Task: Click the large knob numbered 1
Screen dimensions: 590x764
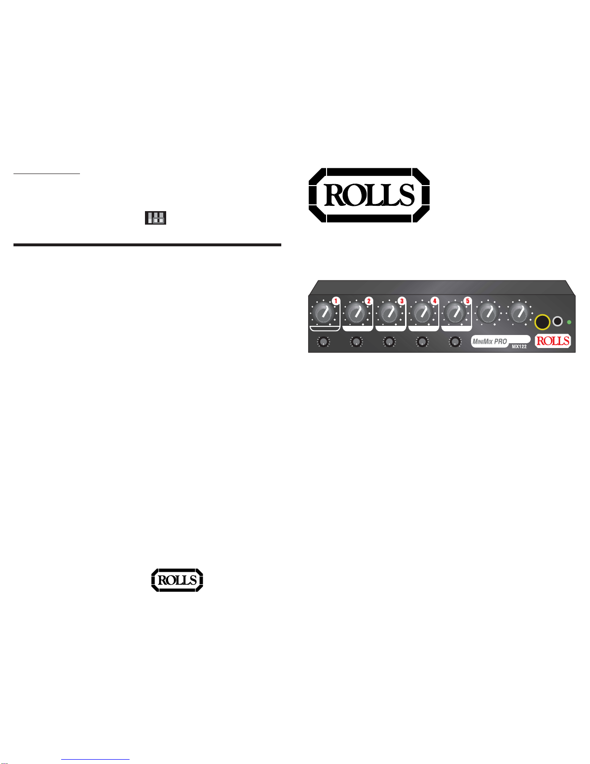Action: point(324,313)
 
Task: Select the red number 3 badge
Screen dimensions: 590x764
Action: point(402,301)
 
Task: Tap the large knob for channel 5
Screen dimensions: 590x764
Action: point(455,313)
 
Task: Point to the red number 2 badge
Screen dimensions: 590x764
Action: point(369,301)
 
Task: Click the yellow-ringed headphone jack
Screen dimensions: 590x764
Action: point(542,322)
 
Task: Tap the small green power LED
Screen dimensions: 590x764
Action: point(569,322)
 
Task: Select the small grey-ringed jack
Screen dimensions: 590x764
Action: point(558,322)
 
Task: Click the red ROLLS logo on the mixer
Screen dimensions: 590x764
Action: point(553,341)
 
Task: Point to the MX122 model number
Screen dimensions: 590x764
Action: point(519,347)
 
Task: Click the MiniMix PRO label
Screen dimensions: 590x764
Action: point(490,341)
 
